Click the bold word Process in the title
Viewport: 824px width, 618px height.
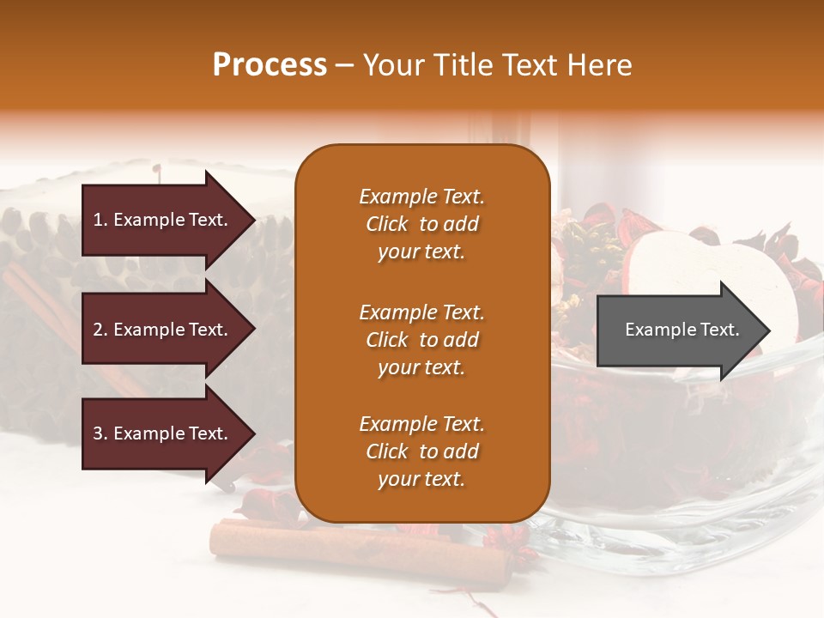(x=270, y=65)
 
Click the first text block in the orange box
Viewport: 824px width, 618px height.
(x=421, y=224)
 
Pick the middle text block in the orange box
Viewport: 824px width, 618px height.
(x=421, y=340)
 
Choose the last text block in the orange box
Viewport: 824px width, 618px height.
(x=421, y=451)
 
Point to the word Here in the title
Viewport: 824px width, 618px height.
(x=601, y=65)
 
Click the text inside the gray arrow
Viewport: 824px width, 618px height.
(x=682, y=330)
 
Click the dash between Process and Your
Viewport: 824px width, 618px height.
(x=345, y=66)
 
